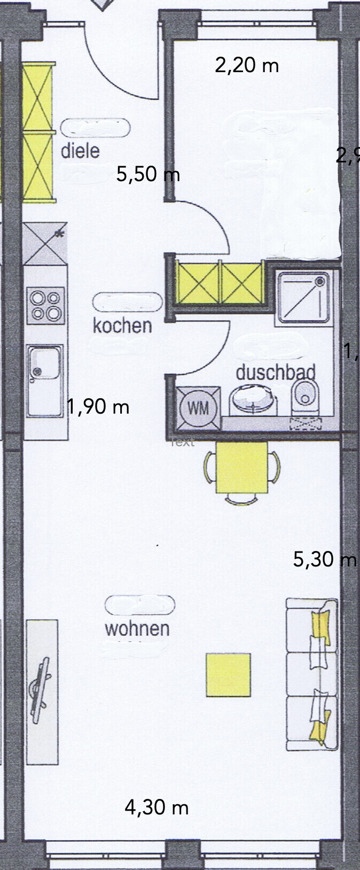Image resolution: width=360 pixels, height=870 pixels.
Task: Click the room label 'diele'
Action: [x=80, y=150]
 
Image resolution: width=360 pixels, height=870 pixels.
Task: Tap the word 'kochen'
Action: [x=122, y=325]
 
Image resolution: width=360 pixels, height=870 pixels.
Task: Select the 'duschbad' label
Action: [x=276, y=372]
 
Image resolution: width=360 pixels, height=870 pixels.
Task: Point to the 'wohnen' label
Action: [x=137, y=628]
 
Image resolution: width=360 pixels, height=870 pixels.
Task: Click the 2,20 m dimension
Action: [x=247, y=66]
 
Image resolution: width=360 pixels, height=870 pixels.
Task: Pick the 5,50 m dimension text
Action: [x=148, y=175]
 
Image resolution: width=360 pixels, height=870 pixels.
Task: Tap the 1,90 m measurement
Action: [x=98, y=407]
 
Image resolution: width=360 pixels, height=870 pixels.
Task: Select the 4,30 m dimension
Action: [x=156, y=807]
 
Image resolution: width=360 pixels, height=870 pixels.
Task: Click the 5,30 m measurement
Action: [x=325, y=560]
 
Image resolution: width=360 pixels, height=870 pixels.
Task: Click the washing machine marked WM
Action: [x=199, y=409]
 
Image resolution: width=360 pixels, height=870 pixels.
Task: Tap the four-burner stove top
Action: [x=45, y=305]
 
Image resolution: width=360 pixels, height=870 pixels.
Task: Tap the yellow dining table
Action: [x=241, y=468]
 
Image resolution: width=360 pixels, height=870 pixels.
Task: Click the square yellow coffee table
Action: [x=229, y=674]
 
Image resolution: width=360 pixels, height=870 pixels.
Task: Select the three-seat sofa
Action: [x=312, y=674]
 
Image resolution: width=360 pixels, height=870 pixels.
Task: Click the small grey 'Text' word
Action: [x=182, y=442]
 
